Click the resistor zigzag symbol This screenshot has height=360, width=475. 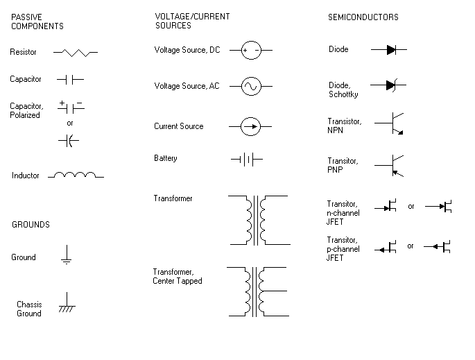[x=76, y=52]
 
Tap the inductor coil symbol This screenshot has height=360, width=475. [x=76, y=175]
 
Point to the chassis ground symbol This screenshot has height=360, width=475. [x=67, y=302]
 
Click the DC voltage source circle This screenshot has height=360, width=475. [x=250, y=50]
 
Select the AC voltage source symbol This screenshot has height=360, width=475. [x=250, y=86]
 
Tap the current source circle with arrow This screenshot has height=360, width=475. [x=250, y=126]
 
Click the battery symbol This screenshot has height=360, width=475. [x=246, y=160]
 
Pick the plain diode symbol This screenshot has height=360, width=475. [x=390, y=50]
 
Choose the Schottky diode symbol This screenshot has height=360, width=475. [x=390, y=85]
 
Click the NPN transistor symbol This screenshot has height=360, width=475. [x=392, y=123]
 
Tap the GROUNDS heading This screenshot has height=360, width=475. [x=31, y=225]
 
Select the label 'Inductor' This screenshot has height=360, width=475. [x=26, y=175]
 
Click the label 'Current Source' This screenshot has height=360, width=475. [x=179, y=126]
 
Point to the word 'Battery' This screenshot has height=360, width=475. [x=166, y=158]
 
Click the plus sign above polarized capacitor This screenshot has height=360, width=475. [x=62, y=103]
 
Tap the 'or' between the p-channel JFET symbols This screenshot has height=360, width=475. [x=411, y=246]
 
